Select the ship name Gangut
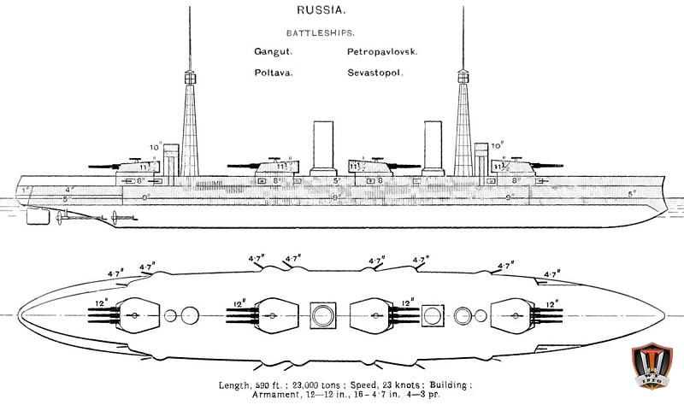[271, 52]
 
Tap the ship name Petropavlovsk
[382, 52]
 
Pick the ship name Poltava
[274, 73]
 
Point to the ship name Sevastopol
[375, 73]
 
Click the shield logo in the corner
[653, 371]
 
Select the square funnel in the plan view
[433, 315]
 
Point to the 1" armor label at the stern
[26, 189]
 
